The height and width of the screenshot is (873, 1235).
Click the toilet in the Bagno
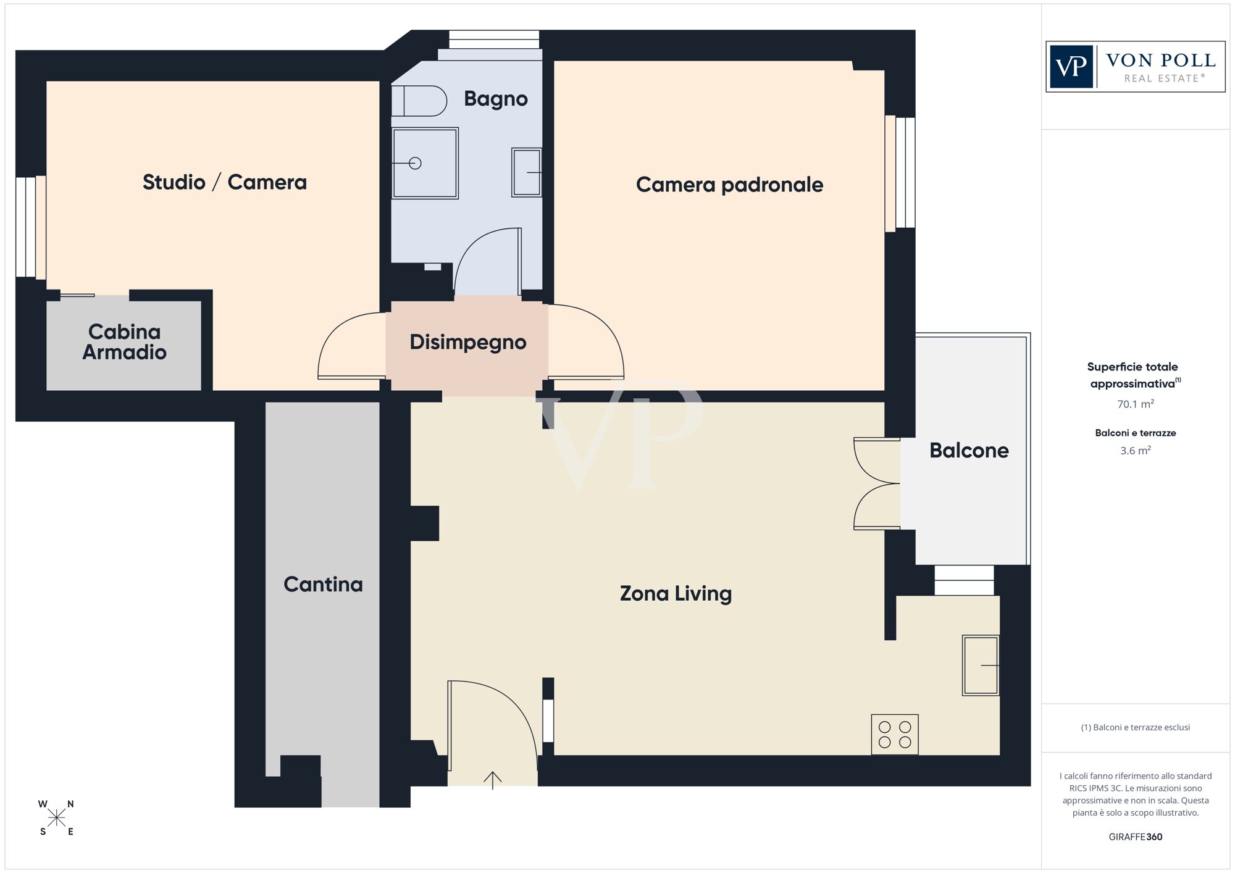coord(419,101)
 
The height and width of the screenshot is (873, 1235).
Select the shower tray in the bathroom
coord(425,163)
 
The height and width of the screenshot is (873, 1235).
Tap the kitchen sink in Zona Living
coord(981,666)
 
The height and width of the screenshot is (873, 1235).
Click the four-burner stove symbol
coord(895,735)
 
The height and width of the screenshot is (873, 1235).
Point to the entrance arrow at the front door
coord(492,780)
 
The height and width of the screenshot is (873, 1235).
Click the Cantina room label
coord(323,584)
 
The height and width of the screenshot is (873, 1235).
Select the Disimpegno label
coord(468,342)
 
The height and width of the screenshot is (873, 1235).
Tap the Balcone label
coord(969,450)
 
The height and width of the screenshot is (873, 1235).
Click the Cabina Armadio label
coord(125,342)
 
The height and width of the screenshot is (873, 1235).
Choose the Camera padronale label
coord(729,185)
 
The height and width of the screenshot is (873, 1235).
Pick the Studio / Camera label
coord(225,182)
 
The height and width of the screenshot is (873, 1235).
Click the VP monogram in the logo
coord(1071,67)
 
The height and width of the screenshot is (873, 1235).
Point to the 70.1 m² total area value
coord(1135,404)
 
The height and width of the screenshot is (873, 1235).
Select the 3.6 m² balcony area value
coord(1135,451)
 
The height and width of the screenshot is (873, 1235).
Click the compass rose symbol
coord(56,818)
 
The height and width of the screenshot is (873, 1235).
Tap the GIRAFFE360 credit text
coord(1135,837)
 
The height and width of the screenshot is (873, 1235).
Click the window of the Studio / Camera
coord(31,227)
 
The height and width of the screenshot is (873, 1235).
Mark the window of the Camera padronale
coord(900,173)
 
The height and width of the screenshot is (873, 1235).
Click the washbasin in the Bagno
coord(527,172)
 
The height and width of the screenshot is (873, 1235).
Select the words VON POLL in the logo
coord(1161,61)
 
